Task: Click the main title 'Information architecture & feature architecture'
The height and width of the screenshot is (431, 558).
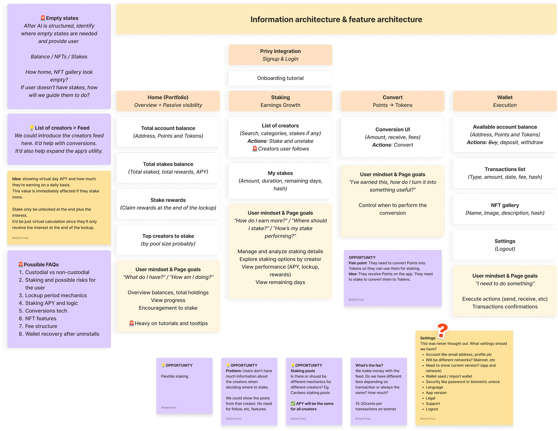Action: [336, 19]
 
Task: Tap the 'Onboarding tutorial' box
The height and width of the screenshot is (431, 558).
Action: [280, 78]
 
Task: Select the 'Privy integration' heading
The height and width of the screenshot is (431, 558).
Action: [280, 51]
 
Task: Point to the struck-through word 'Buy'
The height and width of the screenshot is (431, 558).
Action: [493, 142]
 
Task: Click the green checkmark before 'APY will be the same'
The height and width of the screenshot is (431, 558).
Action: [293, 404]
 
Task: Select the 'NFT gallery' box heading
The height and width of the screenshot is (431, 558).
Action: [505, 205]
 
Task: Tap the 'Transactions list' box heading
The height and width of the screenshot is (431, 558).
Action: [505, 169]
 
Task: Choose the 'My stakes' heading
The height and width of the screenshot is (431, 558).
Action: [280, 173]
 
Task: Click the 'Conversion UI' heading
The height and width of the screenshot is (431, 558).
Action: [393, 129]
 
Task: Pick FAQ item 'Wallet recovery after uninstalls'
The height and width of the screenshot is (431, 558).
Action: [62, 334]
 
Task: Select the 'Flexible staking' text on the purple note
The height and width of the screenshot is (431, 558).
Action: [174, 376]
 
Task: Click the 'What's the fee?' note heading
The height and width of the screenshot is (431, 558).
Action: [369, 365]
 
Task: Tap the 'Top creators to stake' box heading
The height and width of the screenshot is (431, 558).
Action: [168, 236]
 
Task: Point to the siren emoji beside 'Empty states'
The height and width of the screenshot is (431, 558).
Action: [43, 18]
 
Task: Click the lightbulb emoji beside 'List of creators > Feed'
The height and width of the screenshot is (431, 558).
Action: [32, 128]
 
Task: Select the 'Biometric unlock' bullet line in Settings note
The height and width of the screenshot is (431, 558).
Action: [463, 382]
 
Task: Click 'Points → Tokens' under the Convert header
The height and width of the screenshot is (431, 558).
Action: [393, 105]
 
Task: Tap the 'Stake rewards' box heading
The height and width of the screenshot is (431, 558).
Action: [168, 200]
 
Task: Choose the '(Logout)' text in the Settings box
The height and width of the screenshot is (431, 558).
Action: [505, 249]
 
